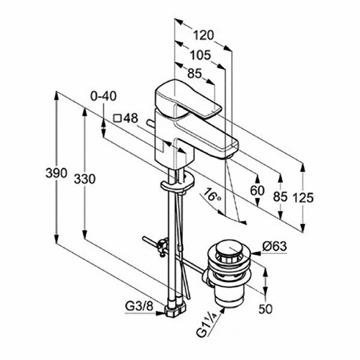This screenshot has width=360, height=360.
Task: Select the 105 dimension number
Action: (x=200, y=55)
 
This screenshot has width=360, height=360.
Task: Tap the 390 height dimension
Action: (x=56, y=173)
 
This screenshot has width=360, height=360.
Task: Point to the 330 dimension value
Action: (x=85, y=178)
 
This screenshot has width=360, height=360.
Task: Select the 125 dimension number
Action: (x=304, y=198)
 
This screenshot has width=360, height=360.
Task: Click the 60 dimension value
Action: (x=257, y=191)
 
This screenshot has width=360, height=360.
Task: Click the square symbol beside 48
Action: (x=118, y=118)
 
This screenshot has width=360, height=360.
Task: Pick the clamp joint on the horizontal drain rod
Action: (x=161, y=246)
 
